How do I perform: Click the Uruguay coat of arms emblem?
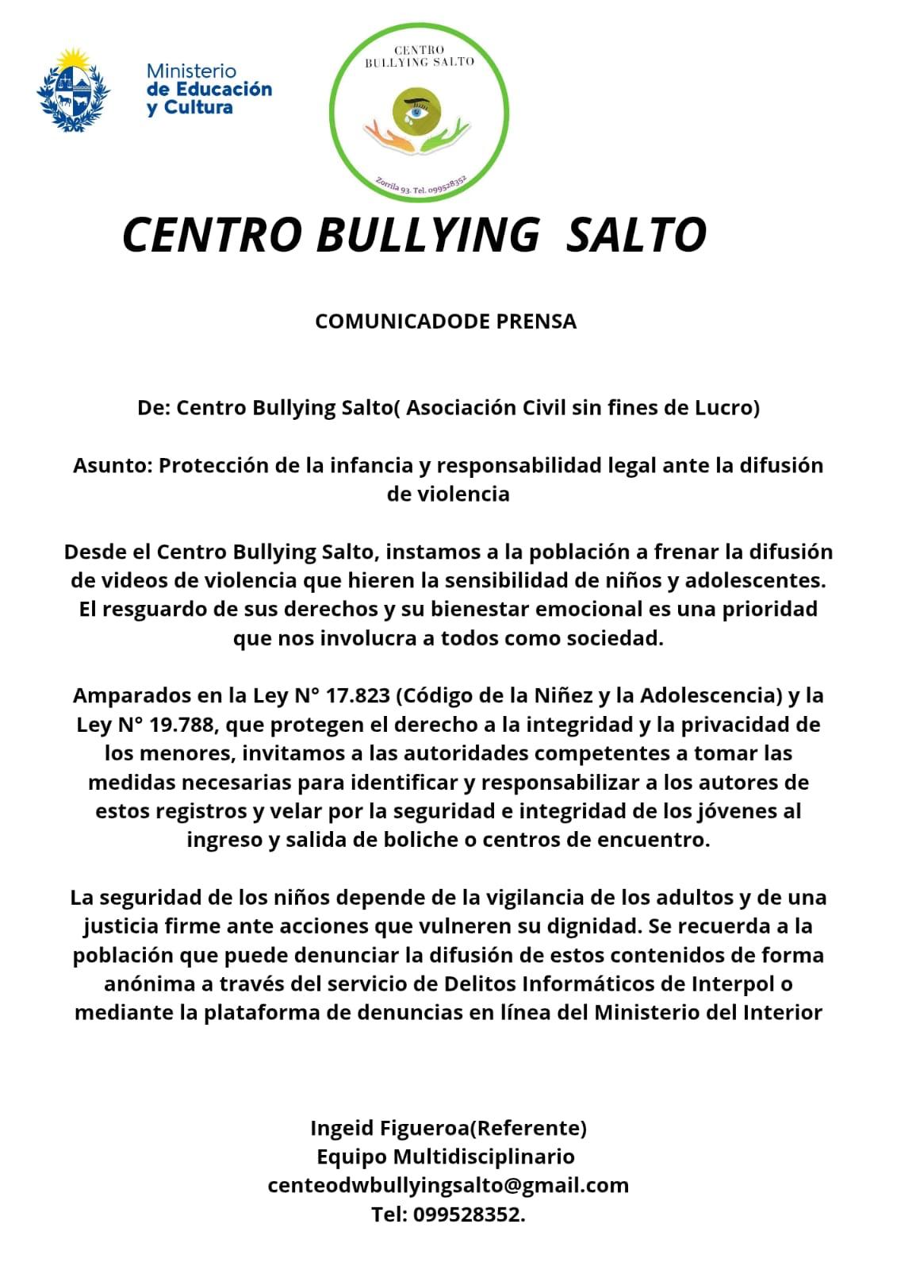point(73,90)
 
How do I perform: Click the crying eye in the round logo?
point(415,112)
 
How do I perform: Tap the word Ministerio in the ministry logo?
point(191,71)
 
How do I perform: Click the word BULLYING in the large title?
point(427,235)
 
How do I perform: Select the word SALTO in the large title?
point(636,235)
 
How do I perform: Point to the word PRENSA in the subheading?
point(536,321)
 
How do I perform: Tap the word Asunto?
point(112,465)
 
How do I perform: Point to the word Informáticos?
point(603,984)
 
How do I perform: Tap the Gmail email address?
point(448,1186)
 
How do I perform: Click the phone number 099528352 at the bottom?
point(467,1214)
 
